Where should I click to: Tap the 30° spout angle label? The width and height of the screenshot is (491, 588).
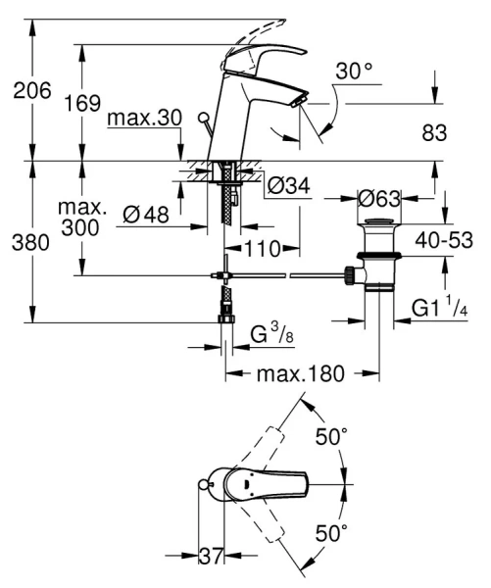354,72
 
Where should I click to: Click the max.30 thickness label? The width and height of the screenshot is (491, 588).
145,118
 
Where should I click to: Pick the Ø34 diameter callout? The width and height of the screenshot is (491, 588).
287,186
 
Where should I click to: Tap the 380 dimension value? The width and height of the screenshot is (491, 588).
31,243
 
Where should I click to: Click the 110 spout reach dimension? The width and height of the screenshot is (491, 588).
262,249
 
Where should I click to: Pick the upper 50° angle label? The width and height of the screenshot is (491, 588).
331,435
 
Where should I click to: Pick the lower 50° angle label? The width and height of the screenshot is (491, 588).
331,533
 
